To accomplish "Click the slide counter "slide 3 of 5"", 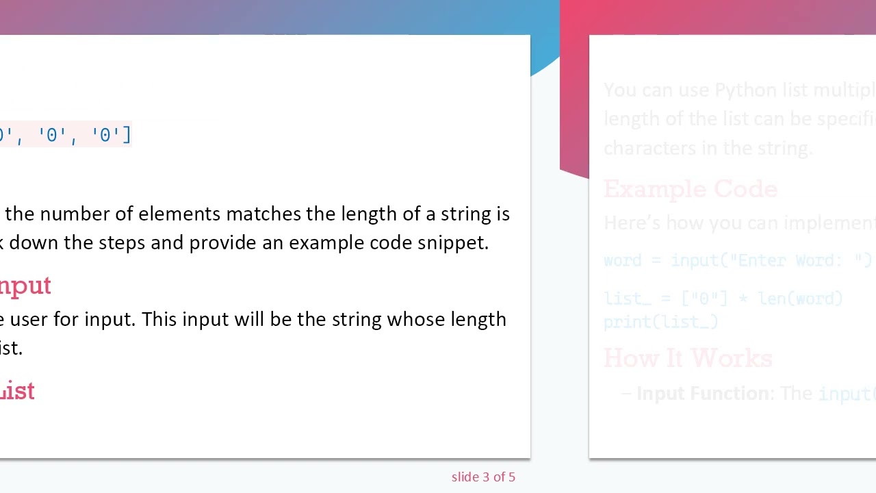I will tap(483, 477).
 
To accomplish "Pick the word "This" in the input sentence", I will tap(159, 320).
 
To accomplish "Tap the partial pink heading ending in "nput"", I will tap(25, 286).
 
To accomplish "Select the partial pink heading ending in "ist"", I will tap(17, 392).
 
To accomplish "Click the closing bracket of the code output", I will tap(127, 135).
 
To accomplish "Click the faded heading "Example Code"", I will tap(691, 190).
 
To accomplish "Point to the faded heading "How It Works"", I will tap(688, 359).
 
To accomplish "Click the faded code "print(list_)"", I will tap(660, 322).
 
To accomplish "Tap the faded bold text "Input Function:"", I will tap(705, 394).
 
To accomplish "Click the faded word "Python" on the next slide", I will tap(745, 90).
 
